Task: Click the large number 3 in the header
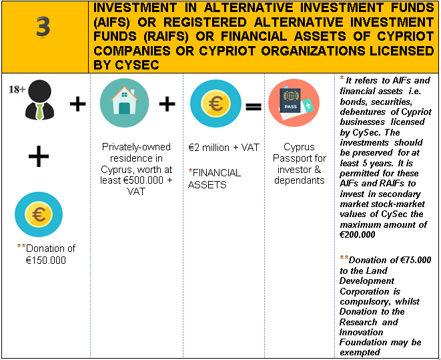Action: point(43,27)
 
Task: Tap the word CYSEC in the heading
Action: point(137,65)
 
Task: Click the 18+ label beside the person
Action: point(17,89)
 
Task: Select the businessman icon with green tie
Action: point(39,100)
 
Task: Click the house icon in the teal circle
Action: point(124,103)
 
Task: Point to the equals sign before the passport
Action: point(254,107)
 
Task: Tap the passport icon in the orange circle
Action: point(294,103)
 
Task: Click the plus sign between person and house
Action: point(77,104)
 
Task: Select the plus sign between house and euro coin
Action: point(167,104)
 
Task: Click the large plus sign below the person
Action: point(39,156)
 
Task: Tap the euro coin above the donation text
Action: point(39,214)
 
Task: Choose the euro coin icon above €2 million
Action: point(215,104)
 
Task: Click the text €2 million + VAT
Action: point(224,148)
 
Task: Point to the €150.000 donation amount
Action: point(45,260)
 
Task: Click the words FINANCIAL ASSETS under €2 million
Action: point(214,179)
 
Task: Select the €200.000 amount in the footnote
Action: point(357,234)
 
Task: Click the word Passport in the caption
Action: point(300,158)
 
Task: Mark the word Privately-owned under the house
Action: point(136,147)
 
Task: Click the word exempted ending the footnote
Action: point(360,353)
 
